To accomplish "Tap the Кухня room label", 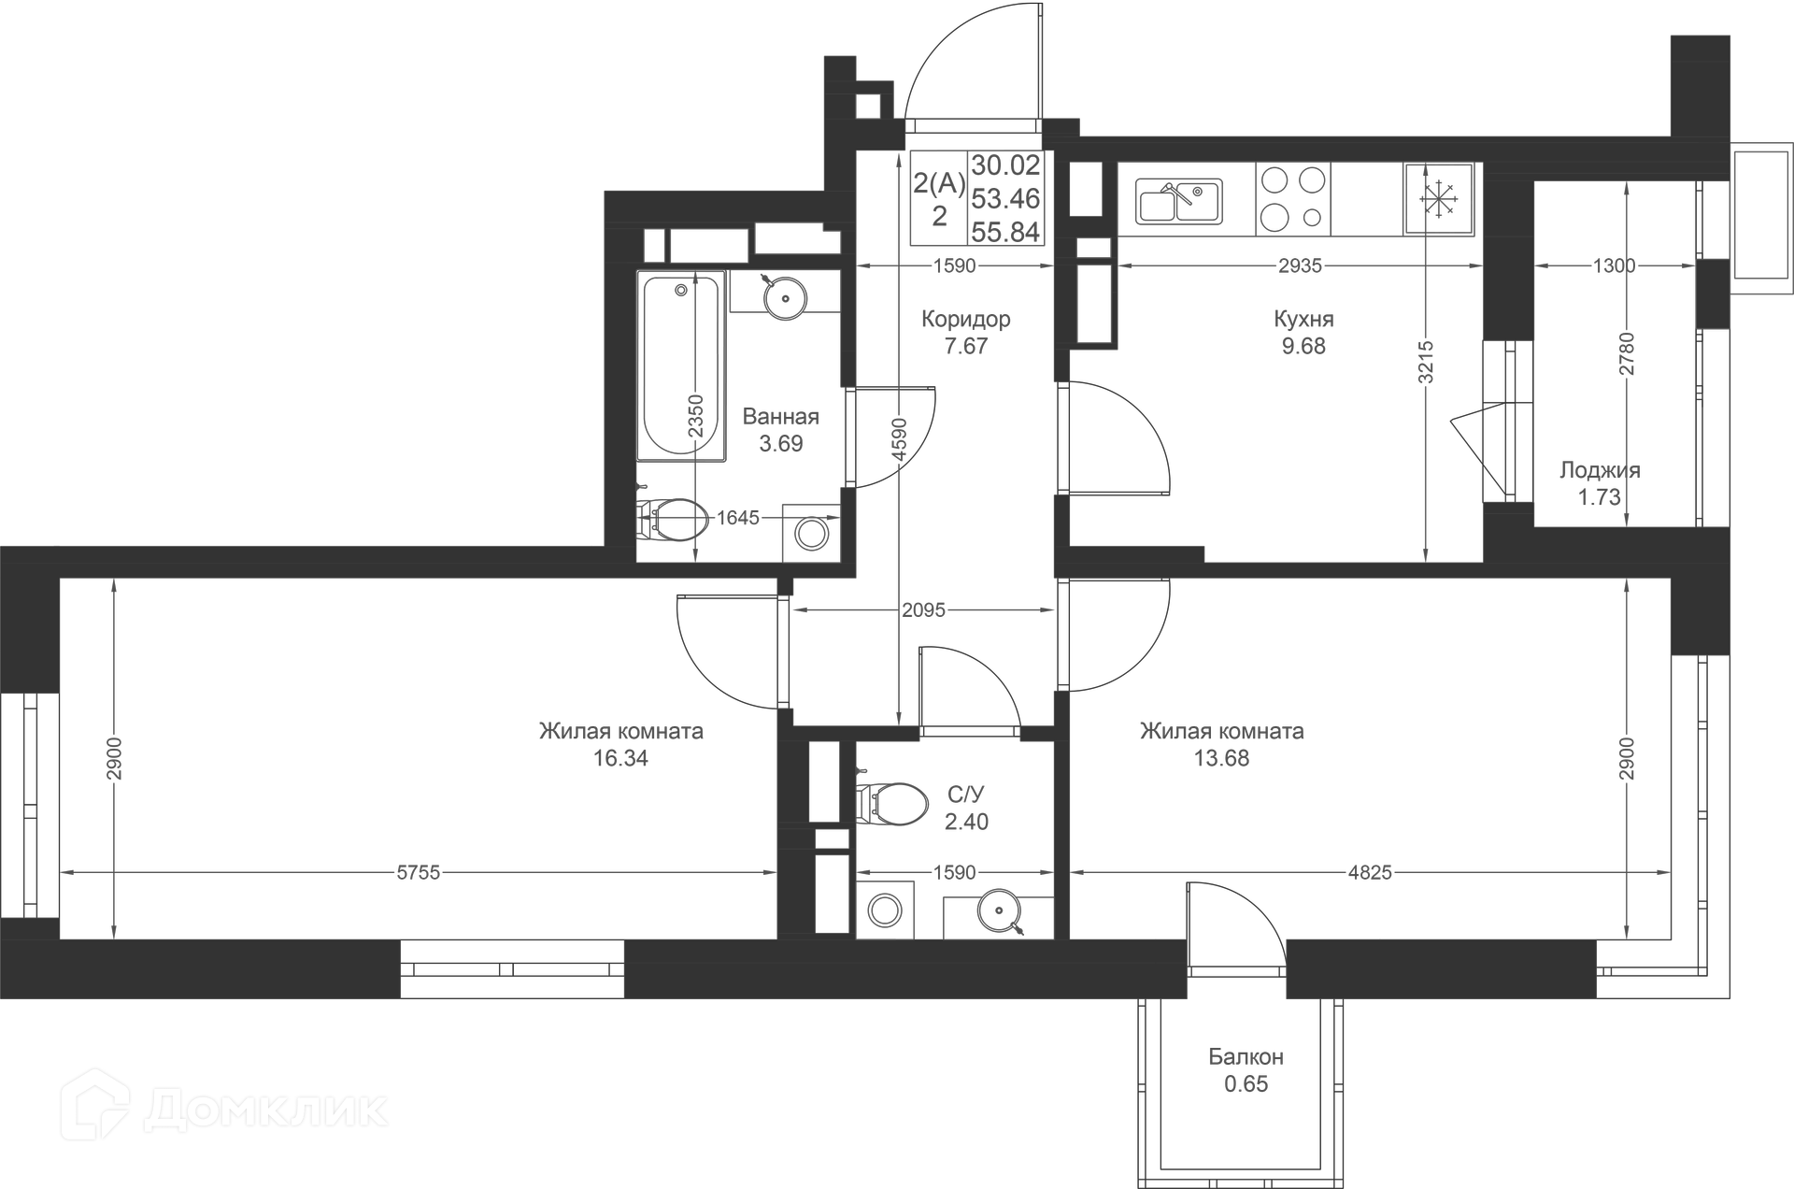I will coord(1303,320).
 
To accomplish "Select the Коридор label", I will coord(965,320).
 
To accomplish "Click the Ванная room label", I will coord(780,417).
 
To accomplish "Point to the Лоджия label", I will coord(1600,470).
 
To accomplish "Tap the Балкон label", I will coord(1246,1057).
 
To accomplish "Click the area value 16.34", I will coord(620,758).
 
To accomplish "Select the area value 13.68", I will coord(1221,758).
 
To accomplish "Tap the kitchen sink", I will coord(1179,201).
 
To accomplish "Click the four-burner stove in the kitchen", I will coord(1292,198).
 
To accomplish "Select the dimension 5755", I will coord(418,873).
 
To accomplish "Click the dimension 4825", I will coord(1370,873).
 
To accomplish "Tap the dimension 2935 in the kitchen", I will coord(1300,266).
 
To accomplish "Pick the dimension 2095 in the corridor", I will coord(923,610).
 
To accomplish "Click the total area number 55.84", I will coord(1005,232).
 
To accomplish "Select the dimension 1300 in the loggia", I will coord(1614,266).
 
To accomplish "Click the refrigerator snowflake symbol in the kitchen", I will coord(1439,199).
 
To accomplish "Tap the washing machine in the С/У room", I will coord(884,910).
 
